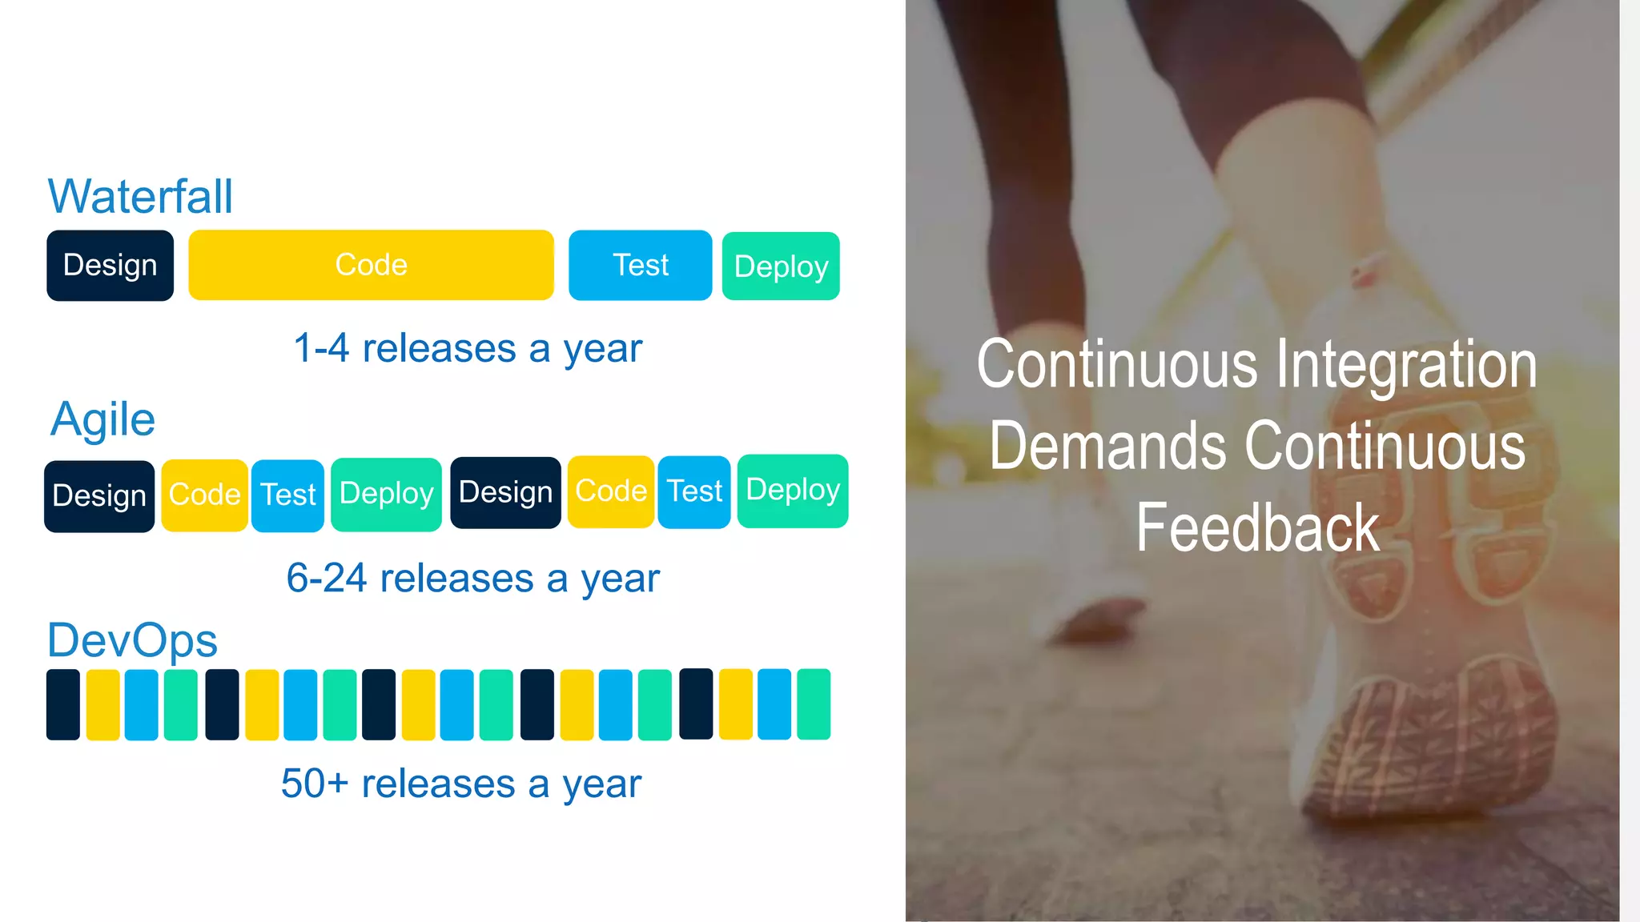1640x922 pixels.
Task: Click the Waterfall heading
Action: (140, 196)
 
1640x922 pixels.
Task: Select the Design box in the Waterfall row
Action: (111, 266)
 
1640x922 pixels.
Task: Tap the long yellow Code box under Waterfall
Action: (371, 265)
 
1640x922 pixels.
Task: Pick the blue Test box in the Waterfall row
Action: (640, 265)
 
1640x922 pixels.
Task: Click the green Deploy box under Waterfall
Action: (781, 267)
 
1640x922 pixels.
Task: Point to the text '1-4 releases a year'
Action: (468, 348)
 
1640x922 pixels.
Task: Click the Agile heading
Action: (103, 419)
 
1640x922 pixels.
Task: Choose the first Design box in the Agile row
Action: (99, 496)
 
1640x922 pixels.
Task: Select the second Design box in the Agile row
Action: (505, 492)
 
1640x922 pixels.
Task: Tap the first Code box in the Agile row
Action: (204, 495)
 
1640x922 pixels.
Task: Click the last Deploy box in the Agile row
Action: (793, 491)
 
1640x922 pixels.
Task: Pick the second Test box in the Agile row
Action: (694, 491)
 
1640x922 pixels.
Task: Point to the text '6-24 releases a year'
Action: (472, 578)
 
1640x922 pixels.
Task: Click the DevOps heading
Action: (132, 640)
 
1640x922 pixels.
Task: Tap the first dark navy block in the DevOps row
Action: (63, 704)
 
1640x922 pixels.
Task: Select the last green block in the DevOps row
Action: (814, 704)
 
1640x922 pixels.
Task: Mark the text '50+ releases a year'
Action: (461, 784)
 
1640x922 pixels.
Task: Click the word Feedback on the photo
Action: (1257, 528)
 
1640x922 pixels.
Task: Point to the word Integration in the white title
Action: (1406, 364)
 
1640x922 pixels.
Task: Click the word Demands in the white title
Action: (1107, 446)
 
